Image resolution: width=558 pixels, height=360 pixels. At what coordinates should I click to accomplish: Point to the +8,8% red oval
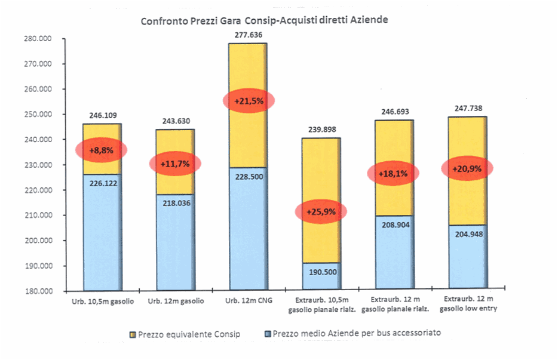(x=102, y=150)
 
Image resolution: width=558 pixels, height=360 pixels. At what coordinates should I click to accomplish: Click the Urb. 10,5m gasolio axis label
(x=102, y=301)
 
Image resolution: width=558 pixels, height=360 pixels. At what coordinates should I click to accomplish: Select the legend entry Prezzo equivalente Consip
(x=189, y=334)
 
